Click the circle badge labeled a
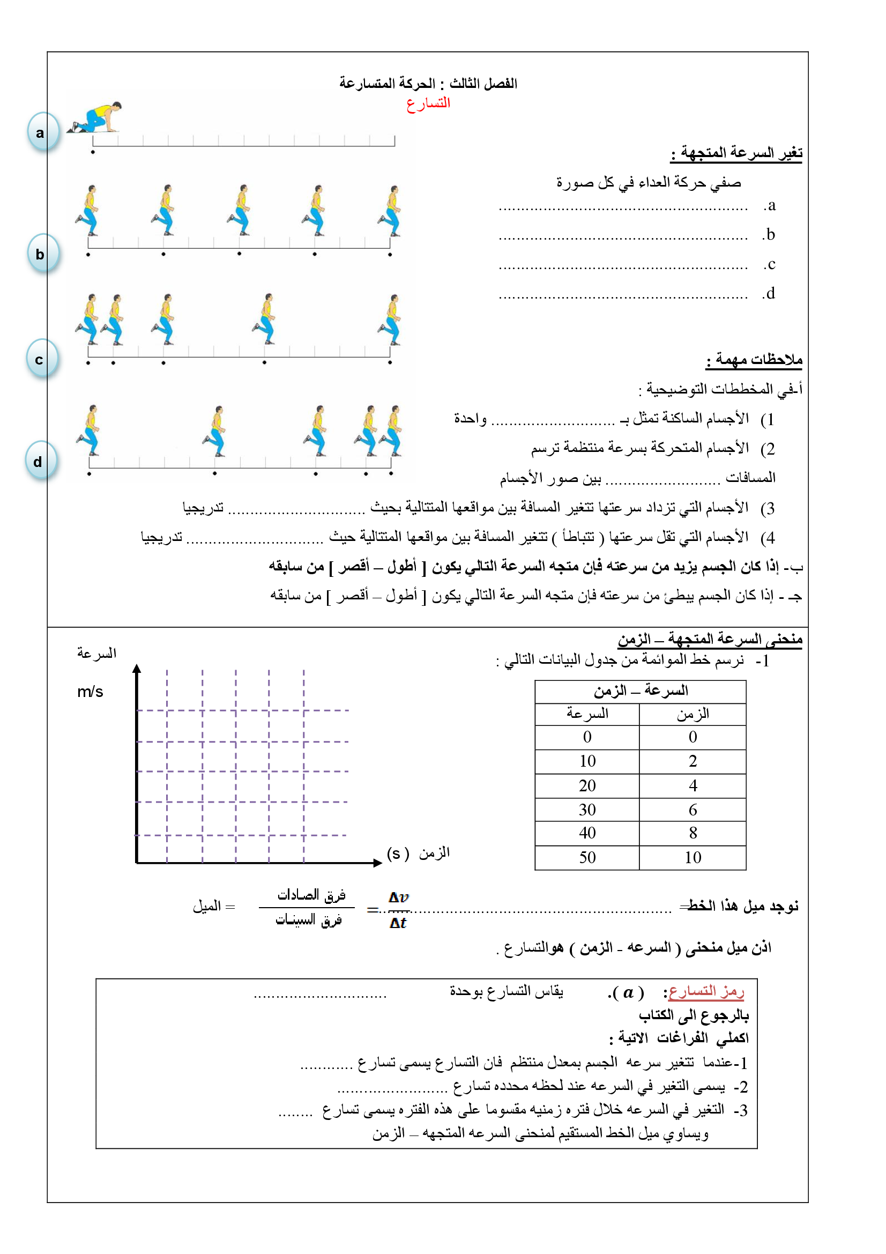point(42,132)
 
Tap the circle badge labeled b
point(42,254)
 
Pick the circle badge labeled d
point(40,461)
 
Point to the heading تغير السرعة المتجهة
point(736,153)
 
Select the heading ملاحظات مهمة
point(754,359)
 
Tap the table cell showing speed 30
point(587,810)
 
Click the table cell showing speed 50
point(587,857)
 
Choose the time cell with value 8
point(692,833)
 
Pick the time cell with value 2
point(692,761)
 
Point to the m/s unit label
point(90,692)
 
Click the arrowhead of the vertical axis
point(137,669)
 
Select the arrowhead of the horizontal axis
point(377,863)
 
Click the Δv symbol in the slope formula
point(398,897)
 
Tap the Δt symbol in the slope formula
point(398,923)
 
